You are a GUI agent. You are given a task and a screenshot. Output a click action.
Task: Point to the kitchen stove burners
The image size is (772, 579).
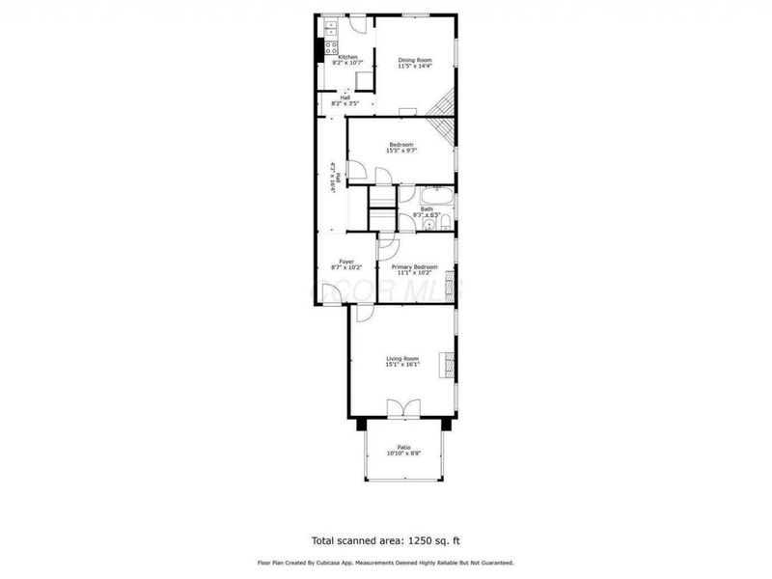tap(329, 45)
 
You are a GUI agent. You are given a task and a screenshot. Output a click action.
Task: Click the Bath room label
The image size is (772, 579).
tap(426, 208)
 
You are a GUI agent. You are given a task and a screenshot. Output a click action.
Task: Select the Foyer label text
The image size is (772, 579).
tap(345, 261)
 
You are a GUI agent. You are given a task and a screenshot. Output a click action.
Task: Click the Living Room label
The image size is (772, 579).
tap(403, 358)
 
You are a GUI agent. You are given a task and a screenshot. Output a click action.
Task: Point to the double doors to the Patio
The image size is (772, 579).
tap(402, 408)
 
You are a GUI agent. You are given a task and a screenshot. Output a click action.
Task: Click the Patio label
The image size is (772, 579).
tap(403, 447)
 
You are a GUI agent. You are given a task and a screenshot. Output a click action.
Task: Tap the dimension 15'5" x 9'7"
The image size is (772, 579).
tap(400, 151)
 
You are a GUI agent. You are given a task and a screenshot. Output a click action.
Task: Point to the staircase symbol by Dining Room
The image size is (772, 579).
tap(443, 116)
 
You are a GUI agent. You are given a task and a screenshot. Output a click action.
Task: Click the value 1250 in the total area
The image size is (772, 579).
tap(408, 540)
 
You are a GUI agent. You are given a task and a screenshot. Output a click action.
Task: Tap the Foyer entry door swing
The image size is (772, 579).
tap(365, 313)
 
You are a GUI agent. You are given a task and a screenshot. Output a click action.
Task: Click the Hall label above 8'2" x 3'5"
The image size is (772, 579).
tap(345, 96)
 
